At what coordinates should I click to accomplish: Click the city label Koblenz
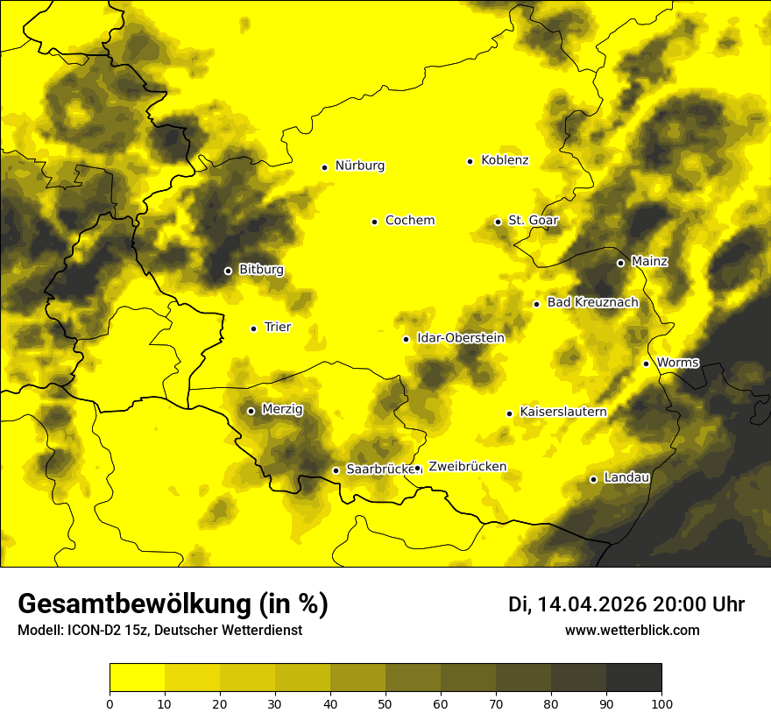pos(505,160)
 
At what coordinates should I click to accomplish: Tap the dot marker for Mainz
pos(620,263)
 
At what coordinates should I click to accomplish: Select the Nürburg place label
pos(359,166)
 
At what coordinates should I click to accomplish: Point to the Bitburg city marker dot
pos(228,271)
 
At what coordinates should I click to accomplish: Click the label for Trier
pos(278,327)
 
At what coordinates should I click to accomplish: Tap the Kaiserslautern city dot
pos(509,413)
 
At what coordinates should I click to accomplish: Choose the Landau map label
pos(626,477)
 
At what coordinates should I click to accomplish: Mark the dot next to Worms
pos(646,363)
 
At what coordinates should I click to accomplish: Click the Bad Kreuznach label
pos(592,302)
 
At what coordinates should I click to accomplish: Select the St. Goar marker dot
pos(498,222)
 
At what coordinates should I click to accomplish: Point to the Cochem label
pos(410,220)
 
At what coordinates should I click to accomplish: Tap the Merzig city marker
pos(251,411)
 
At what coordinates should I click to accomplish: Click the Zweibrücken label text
pos(468,467)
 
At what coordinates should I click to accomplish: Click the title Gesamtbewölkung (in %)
pos(173,604)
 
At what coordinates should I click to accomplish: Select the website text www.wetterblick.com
pos(633,631)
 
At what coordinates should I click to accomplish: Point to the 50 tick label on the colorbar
pos(385,703)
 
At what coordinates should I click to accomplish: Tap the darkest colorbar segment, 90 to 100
pos(633,678)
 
